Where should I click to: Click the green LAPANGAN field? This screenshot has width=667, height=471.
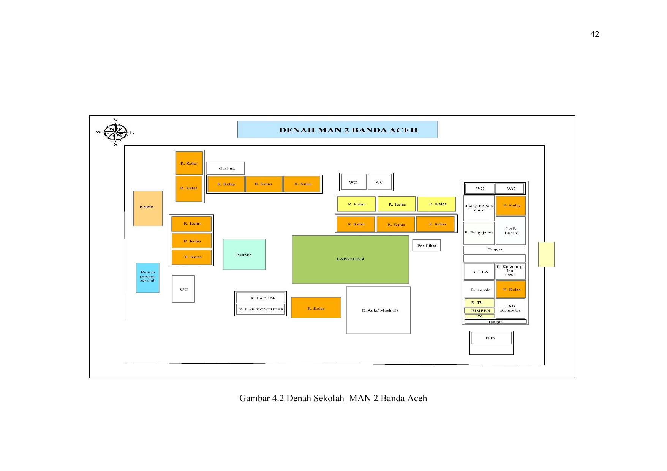coord(350,259)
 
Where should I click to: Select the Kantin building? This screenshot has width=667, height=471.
coord(148,208)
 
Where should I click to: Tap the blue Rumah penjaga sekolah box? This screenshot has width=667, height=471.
coord(148,278)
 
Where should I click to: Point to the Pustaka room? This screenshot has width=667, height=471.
coord(244,255)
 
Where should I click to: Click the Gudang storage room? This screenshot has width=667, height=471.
coord(225,168)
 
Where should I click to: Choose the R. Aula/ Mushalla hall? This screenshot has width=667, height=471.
coord(378,310)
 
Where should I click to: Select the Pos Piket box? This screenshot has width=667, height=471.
coord(427,246)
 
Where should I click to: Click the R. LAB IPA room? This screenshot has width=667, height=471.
coord(261,298)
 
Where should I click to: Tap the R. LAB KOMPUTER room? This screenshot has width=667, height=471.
coord(261,309)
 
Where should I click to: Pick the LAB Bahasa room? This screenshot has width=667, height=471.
coord(511,231)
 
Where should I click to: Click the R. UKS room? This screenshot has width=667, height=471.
coord(479,272)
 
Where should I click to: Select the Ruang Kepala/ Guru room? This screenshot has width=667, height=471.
coord(479,208)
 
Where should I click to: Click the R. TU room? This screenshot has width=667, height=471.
coord(479,303)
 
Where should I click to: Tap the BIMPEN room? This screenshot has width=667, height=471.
coord(479,310)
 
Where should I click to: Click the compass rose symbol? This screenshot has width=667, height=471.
coord(115,132)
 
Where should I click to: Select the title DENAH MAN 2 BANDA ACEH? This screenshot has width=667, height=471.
coord(348,130)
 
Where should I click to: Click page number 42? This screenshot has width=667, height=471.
coord(595,34)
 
